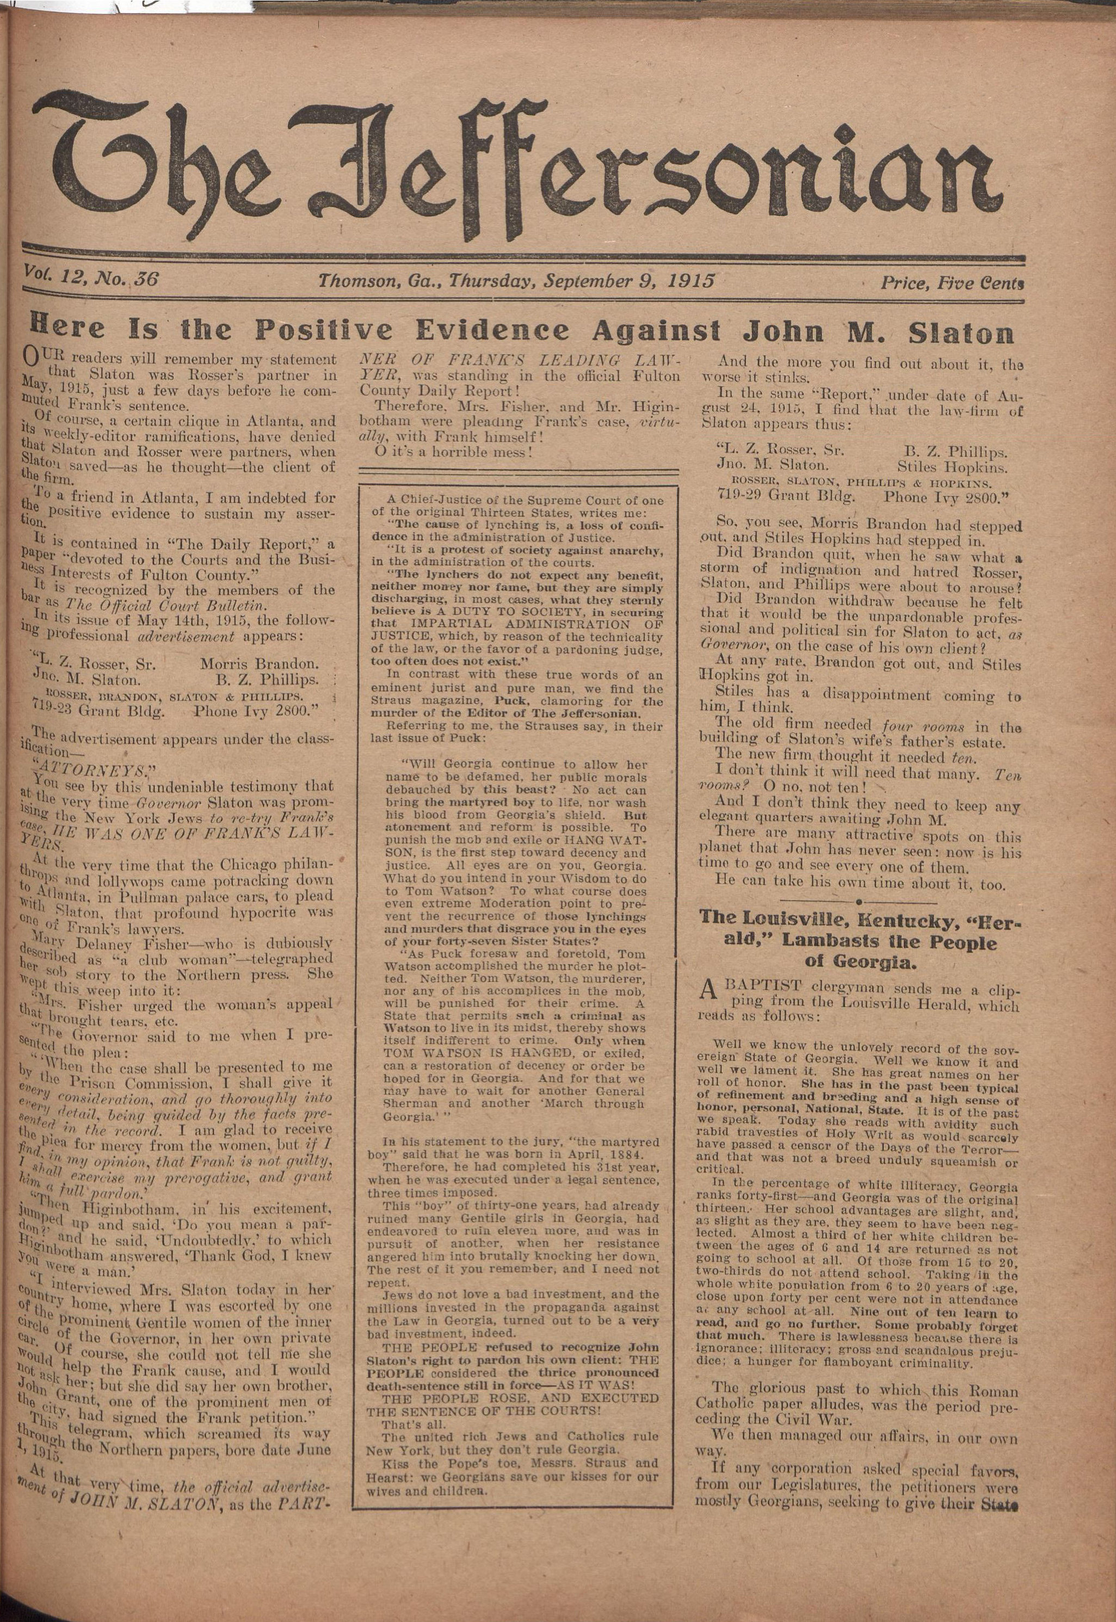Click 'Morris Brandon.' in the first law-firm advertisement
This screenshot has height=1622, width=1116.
258,663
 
